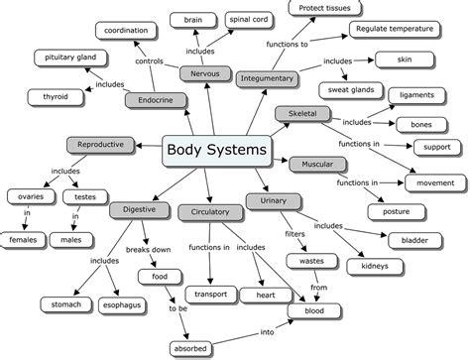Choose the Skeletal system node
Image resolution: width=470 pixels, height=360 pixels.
pyautogui.click(x=303, y=115)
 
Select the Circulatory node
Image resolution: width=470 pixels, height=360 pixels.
pyautogui.click(x=204, y=211)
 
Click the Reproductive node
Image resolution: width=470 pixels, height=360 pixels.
pyautogui.click(x=100, y=145)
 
